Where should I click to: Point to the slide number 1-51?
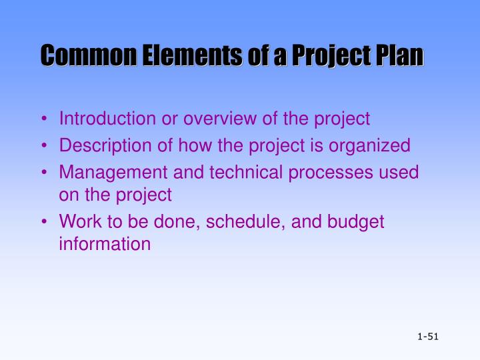point(427,337)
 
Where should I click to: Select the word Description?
point(103,145)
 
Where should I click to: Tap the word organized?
point(377,147)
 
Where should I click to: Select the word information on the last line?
point(105,244)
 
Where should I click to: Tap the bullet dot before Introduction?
point(45,120)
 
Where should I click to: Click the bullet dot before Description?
point(45,146)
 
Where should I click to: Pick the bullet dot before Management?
point(45,173)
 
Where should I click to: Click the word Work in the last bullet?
point(77,222)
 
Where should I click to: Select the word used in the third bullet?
point(400,173)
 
